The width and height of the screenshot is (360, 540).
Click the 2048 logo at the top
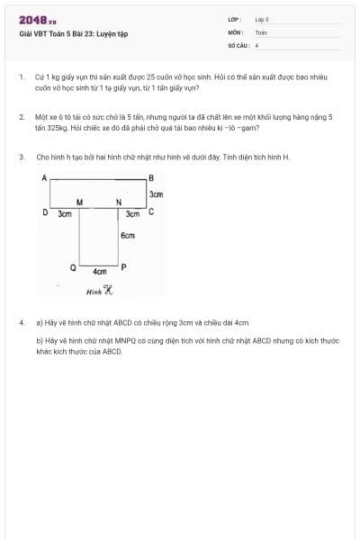pyautogui.click(x=37, y=20)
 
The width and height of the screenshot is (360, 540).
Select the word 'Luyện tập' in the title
pyautogui.click(x=112, y=34)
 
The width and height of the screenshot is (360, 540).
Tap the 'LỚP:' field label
pyautogui.click(x=234, y=19)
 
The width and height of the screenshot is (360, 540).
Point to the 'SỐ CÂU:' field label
pyautogui.click(x=238, y=44)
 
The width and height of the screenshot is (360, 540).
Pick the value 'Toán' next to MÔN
pyautogui.click(x=261, y=31)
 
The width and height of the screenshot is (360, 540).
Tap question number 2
pyautogui.click(x=21, y=117)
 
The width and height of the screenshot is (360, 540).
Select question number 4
pyautogui.click(x=21, y=321)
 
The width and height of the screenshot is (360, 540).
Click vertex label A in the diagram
pyautogui.click(x=44, y=178)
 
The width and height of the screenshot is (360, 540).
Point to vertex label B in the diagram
pyautogui.click(x=151, y=178)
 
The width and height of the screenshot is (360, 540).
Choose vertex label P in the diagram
pyautogui.click(x=124, y=267)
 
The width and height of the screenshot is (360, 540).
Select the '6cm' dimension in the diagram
pyautogui.click(x=128, y=235)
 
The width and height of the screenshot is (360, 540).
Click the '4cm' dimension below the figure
pyautogui.click(x=100, y=271)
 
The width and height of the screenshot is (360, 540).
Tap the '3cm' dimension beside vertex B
pyautogui.click(x=156, y=194)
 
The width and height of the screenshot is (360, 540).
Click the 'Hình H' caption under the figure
pyautogui.click(x=99, y=291)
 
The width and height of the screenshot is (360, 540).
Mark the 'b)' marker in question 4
pyautogui.click(x=39, y=341)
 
